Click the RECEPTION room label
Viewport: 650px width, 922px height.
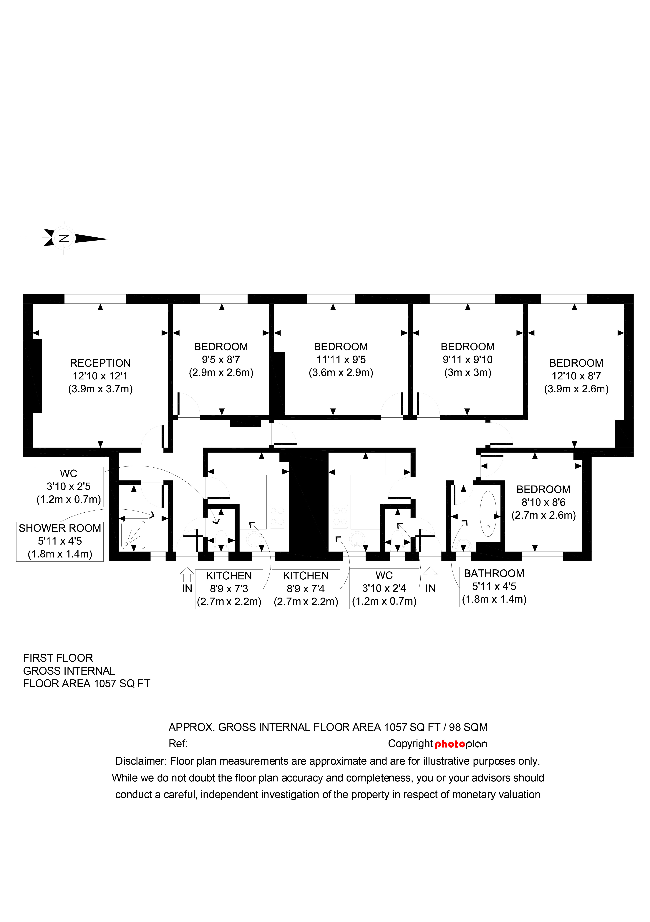coord(100,363)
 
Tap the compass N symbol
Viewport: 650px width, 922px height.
coord(64,238)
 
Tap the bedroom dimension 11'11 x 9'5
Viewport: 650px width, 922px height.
coord(341,359)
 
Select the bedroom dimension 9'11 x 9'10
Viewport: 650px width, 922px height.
coord(468,359)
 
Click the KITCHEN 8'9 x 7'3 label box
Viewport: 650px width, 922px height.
coord(229,589)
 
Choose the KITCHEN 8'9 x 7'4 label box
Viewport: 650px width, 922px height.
coord(306,589)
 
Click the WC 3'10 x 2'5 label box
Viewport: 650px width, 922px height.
coord(69,487)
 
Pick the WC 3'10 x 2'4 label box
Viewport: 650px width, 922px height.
coord(384,589)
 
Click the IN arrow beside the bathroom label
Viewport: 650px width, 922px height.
coord(430,574)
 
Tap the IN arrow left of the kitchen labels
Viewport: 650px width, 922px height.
coord(187,574)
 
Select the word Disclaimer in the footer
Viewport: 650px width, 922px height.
coord(141,761)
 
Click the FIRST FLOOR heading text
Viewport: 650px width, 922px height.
coord(58,658)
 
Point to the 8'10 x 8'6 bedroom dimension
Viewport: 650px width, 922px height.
coord(543,502)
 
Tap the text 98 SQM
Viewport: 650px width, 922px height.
coord(468,727)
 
